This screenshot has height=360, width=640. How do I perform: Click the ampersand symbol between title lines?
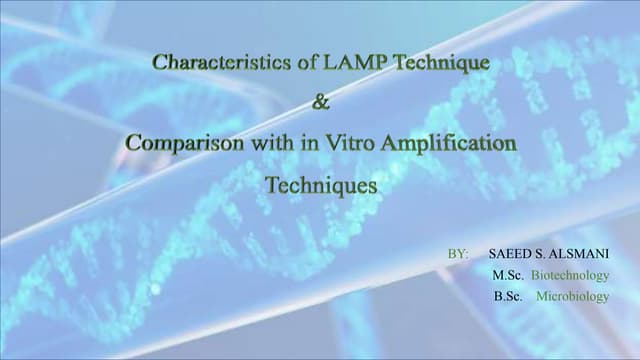(320, 103)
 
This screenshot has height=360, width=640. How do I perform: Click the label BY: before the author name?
(458, 254)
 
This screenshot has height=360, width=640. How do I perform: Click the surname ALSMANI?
(580, 254)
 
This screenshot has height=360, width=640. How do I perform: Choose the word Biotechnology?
(569, 275)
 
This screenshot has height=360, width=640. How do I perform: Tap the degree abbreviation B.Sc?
(508, 296)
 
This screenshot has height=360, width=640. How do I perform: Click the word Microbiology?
(572, 296)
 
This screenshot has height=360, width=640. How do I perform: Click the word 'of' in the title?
(307, 63)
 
